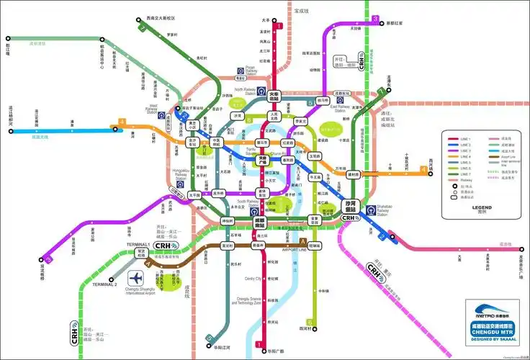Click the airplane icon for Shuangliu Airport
click(136, 277)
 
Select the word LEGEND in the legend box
click(482, 207)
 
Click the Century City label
click(253, 279)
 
